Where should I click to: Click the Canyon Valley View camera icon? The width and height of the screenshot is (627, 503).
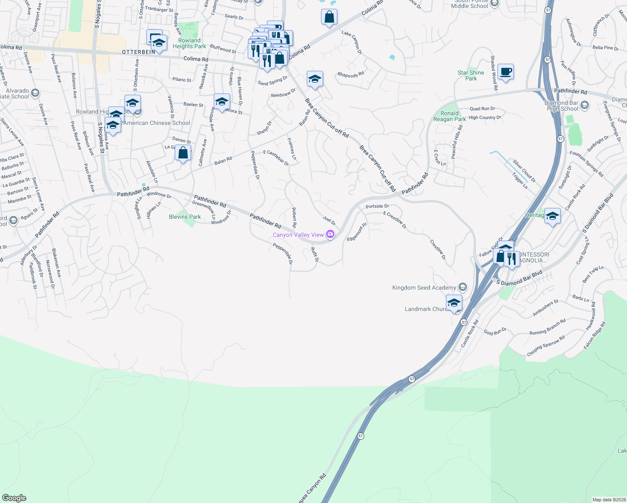click(x=330, y=234)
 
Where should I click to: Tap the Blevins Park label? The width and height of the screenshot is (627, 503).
click(x=185, y=217)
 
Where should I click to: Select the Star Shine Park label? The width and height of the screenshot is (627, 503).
click(x=471, y=75)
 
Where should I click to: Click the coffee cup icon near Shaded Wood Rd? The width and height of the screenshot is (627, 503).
click(x=505, y=72)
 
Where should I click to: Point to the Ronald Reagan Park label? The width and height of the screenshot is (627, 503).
click(x=449, y=116)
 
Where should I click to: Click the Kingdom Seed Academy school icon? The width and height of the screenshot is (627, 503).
click(x=462, y=287)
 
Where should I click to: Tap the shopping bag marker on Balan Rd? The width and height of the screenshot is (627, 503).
click(x=183, y=153)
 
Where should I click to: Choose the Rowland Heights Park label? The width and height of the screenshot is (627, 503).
click(x=189, y=43)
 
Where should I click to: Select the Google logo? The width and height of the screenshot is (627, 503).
click(x=14, y=498)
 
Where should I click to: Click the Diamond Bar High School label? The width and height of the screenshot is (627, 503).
click(x=561, y=106)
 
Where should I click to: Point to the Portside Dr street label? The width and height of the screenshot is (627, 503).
click(x=377, y=206)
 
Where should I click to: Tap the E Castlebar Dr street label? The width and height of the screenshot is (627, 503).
click(x=276, y=158)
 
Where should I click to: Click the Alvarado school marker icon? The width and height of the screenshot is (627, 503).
click(x=35, y=93)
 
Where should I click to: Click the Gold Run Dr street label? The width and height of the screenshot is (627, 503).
click(x=495, y=332)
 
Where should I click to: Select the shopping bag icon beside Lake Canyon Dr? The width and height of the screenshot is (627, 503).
click(x=329, y=17)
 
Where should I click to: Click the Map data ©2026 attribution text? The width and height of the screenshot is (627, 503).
click(x=609, y=499)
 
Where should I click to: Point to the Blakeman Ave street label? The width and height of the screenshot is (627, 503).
click(x=57, y=263)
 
